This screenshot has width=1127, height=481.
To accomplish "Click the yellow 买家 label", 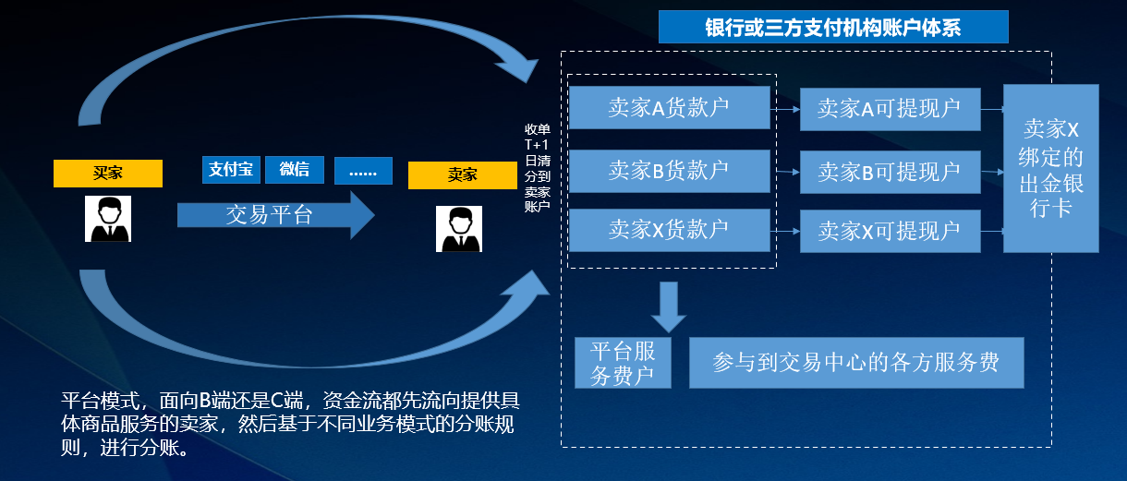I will (108, 174).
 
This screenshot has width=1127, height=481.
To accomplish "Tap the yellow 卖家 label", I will (462, 175).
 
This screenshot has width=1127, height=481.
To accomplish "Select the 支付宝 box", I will (231, 170).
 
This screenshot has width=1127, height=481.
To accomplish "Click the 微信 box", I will (295, 170).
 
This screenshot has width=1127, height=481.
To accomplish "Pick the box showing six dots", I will (363, 171).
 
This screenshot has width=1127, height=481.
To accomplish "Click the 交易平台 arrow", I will (273, 215).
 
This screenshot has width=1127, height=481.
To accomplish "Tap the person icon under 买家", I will (108, 219).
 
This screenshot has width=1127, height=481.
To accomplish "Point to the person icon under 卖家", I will (459, 229).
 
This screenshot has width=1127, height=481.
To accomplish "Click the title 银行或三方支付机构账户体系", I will (832, 27).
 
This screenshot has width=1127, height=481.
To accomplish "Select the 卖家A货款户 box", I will (669, 108).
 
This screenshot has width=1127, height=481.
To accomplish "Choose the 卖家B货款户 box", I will (669, 171).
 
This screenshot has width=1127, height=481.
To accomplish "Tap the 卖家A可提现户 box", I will (889, 109).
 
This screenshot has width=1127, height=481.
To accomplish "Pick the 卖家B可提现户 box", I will (889, 172).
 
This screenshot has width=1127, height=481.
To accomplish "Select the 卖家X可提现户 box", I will (889, 231).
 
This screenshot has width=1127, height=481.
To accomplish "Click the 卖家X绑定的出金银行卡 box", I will (1050, 168).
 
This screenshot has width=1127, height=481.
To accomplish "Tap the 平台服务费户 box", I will (623, 363).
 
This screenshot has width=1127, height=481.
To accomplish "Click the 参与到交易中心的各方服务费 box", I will (856, 363).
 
